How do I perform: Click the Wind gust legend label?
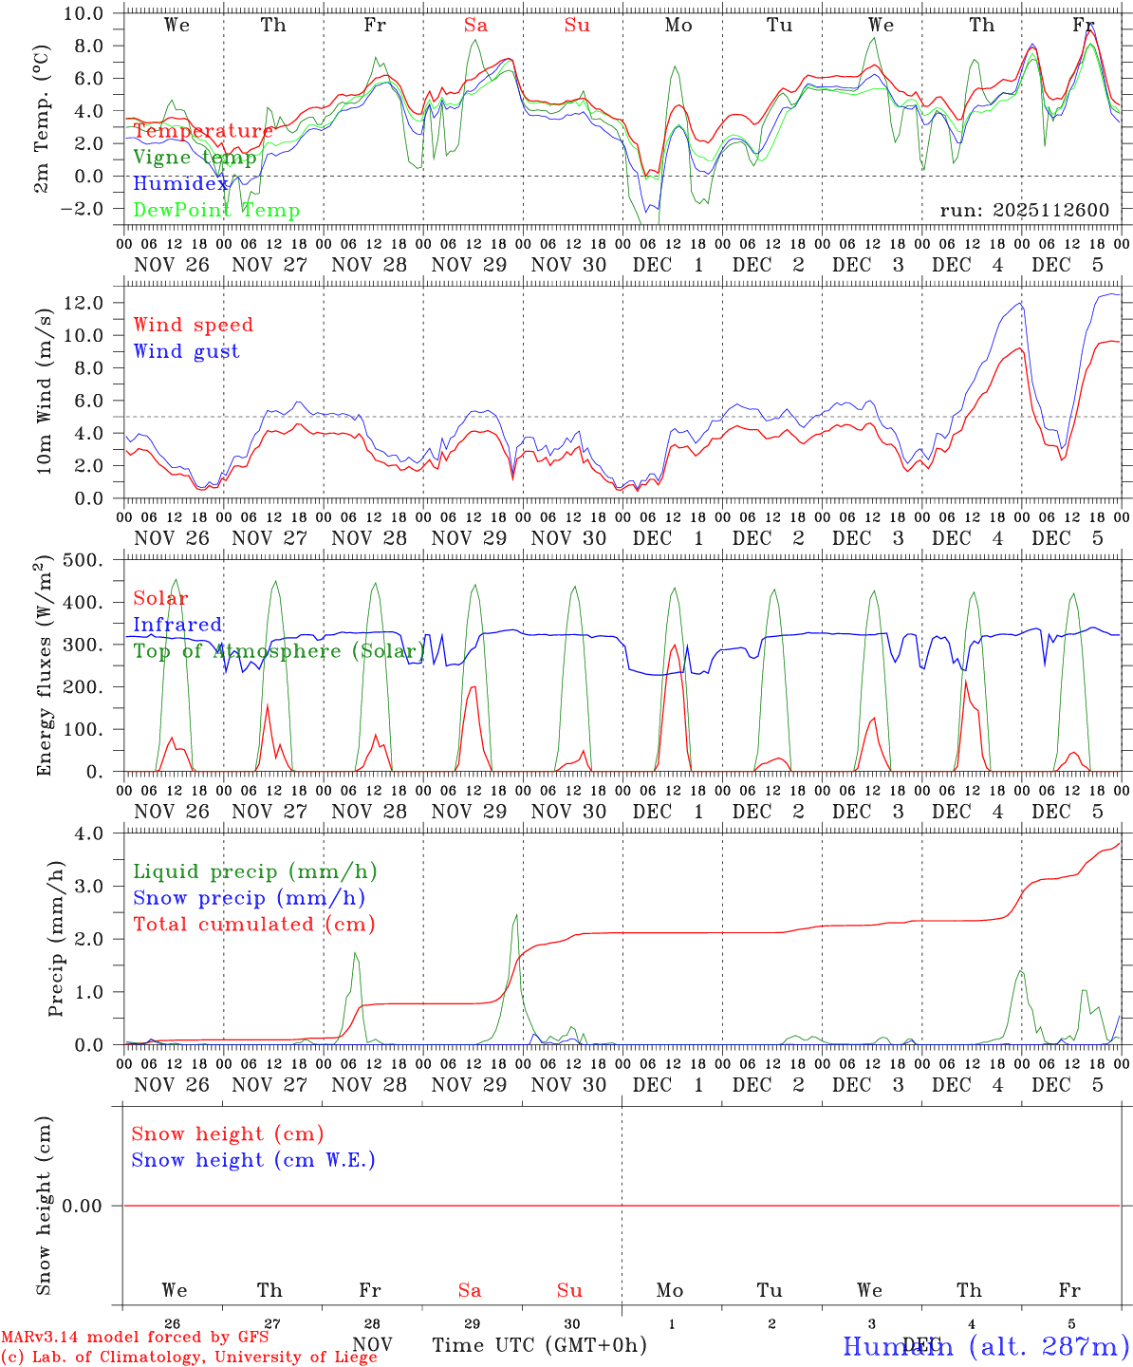[186, 351]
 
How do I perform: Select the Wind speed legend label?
[193, 325]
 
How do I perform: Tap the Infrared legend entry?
[177, 625]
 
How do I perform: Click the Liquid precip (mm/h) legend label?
[254, 871]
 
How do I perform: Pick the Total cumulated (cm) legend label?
[254, 924]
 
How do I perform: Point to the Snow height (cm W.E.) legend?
[253, 1160]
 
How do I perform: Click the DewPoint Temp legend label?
[216, 210]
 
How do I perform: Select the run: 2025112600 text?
[1024, 210]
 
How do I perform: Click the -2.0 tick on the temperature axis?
[90, 209]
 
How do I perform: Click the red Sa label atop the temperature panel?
[475, 26]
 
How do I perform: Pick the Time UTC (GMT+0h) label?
[539, 1345]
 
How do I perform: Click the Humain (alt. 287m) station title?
[985, 1346]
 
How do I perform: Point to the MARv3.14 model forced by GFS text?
[135, 1338]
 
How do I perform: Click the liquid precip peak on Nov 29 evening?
[515, 915]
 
